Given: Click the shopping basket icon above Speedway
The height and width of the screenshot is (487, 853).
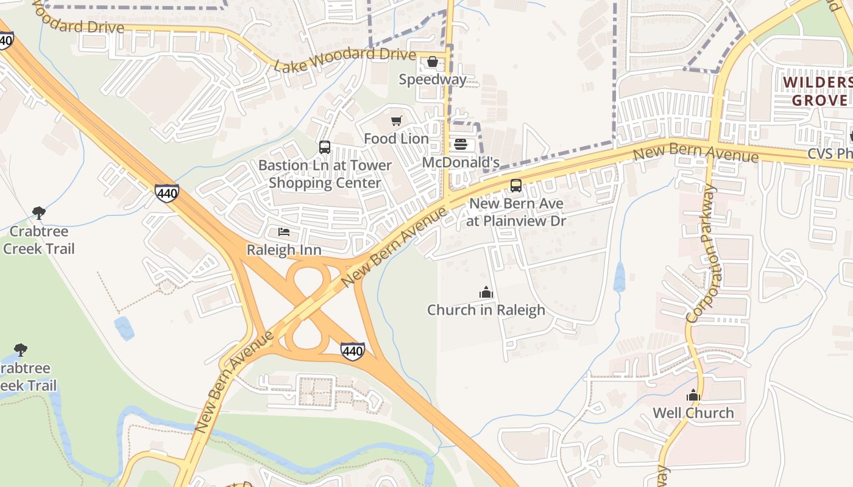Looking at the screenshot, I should tap(433, 61).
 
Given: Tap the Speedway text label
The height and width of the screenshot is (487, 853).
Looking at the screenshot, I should tap(433, 79).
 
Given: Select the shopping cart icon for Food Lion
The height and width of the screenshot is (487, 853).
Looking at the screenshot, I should tap(397, 121).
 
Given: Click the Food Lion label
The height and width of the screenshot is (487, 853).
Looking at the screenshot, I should tap(397, 139).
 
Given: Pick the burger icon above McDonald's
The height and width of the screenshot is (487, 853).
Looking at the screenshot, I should tap(461, 144).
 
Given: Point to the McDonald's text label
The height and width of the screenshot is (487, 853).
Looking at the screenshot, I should tap(461, 163).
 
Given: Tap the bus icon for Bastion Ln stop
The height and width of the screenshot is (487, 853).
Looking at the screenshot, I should tap(325, 147).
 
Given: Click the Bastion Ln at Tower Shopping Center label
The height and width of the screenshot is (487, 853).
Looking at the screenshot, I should tap(325, 174).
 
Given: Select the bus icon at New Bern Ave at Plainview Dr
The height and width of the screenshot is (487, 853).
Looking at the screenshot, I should tap(516, 186).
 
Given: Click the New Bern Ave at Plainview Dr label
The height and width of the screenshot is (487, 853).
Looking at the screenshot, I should tap(516, 212).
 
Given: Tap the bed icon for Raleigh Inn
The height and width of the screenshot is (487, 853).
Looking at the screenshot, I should tap(284, 232).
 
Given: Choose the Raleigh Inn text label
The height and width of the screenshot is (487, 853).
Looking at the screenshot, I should tap(284, 250).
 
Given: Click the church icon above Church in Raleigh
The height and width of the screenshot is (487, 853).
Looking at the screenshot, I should tap(486, 292).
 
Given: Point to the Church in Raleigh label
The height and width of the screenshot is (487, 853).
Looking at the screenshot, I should tap(486, 310).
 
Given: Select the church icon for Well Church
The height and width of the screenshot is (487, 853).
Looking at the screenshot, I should tap(693, 396).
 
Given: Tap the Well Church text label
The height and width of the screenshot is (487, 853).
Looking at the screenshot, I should tap(693, 413).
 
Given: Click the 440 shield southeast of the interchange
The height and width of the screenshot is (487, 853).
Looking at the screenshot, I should tap(353, 351).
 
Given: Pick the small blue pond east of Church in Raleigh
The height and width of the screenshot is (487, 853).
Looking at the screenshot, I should tap(620, 277).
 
